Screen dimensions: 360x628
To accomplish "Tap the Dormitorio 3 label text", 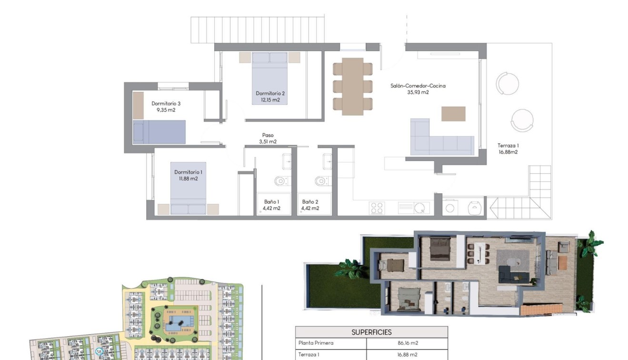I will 166,103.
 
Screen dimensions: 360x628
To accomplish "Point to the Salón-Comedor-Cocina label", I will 418,86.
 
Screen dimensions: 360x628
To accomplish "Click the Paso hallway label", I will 268,135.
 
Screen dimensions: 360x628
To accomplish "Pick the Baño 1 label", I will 272,202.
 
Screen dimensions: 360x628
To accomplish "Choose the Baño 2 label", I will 310,202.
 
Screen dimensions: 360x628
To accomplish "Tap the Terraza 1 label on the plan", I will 508,146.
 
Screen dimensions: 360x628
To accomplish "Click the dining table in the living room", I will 352,86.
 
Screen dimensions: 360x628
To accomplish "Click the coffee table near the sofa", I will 453,114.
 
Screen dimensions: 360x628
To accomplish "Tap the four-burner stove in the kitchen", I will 377,208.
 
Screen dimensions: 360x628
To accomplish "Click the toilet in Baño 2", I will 321,181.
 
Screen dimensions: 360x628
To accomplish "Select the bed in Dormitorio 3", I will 159,132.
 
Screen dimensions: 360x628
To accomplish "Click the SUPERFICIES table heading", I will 371,332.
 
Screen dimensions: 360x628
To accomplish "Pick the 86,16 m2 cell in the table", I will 407,343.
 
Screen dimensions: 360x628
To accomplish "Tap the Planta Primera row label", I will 316,343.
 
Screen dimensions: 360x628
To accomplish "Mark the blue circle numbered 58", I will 99,352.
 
